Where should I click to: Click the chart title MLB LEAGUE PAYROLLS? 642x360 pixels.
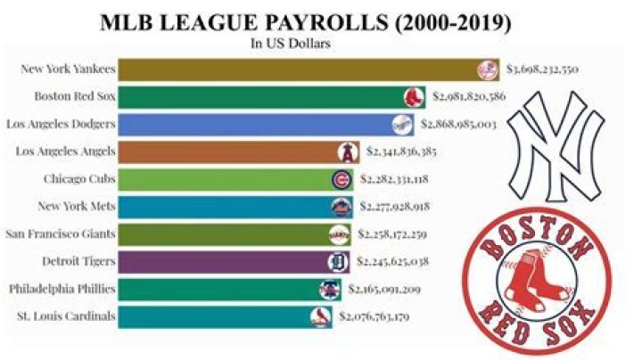320,21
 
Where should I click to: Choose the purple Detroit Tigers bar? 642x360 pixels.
223,261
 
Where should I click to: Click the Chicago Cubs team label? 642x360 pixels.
79,179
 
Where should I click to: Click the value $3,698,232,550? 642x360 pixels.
543,70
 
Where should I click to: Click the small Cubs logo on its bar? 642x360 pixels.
341,179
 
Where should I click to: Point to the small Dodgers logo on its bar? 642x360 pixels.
404,124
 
